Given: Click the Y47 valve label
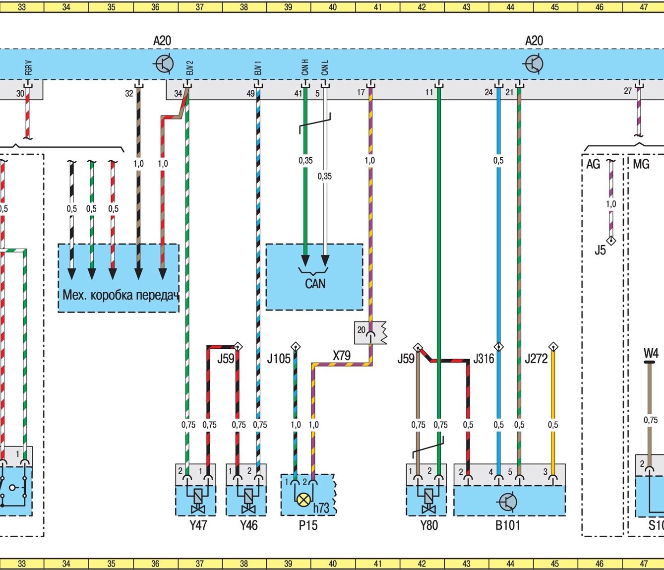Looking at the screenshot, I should (x=198, y=525).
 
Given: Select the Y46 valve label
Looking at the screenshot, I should (x=248, y=525).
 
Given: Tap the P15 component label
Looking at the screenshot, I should (x=308, y=525).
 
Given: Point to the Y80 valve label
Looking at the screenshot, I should (x=429, y=525).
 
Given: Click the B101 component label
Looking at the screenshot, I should (x=508, y=525).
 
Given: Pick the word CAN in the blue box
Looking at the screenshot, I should (x=315, y=284).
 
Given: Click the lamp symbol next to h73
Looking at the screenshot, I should (x=303, y=499).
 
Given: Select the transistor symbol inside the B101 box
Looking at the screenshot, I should (x=508, y=502).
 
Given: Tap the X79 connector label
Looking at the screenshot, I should (x=342, y=355).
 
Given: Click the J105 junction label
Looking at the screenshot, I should (x=279, y=359).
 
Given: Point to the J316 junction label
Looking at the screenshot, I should (x=483, y=359).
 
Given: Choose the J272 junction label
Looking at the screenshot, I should (x=536, y=359).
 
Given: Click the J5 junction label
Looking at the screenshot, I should (x=600, y=250).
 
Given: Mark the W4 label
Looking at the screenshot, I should (x=651, y=353).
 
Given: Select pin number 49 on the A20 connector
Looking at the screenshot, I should (x=250, y=93).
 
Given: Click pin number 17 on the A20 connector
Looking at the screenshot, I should (x=361, y=92).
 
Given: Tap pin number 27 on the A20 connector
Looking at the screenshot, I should (x=628, y=91).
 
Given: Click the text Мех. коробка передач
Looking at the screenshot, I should (x=120, y=295).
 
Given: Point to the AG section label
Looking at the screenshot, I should (x=593, y=164).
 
